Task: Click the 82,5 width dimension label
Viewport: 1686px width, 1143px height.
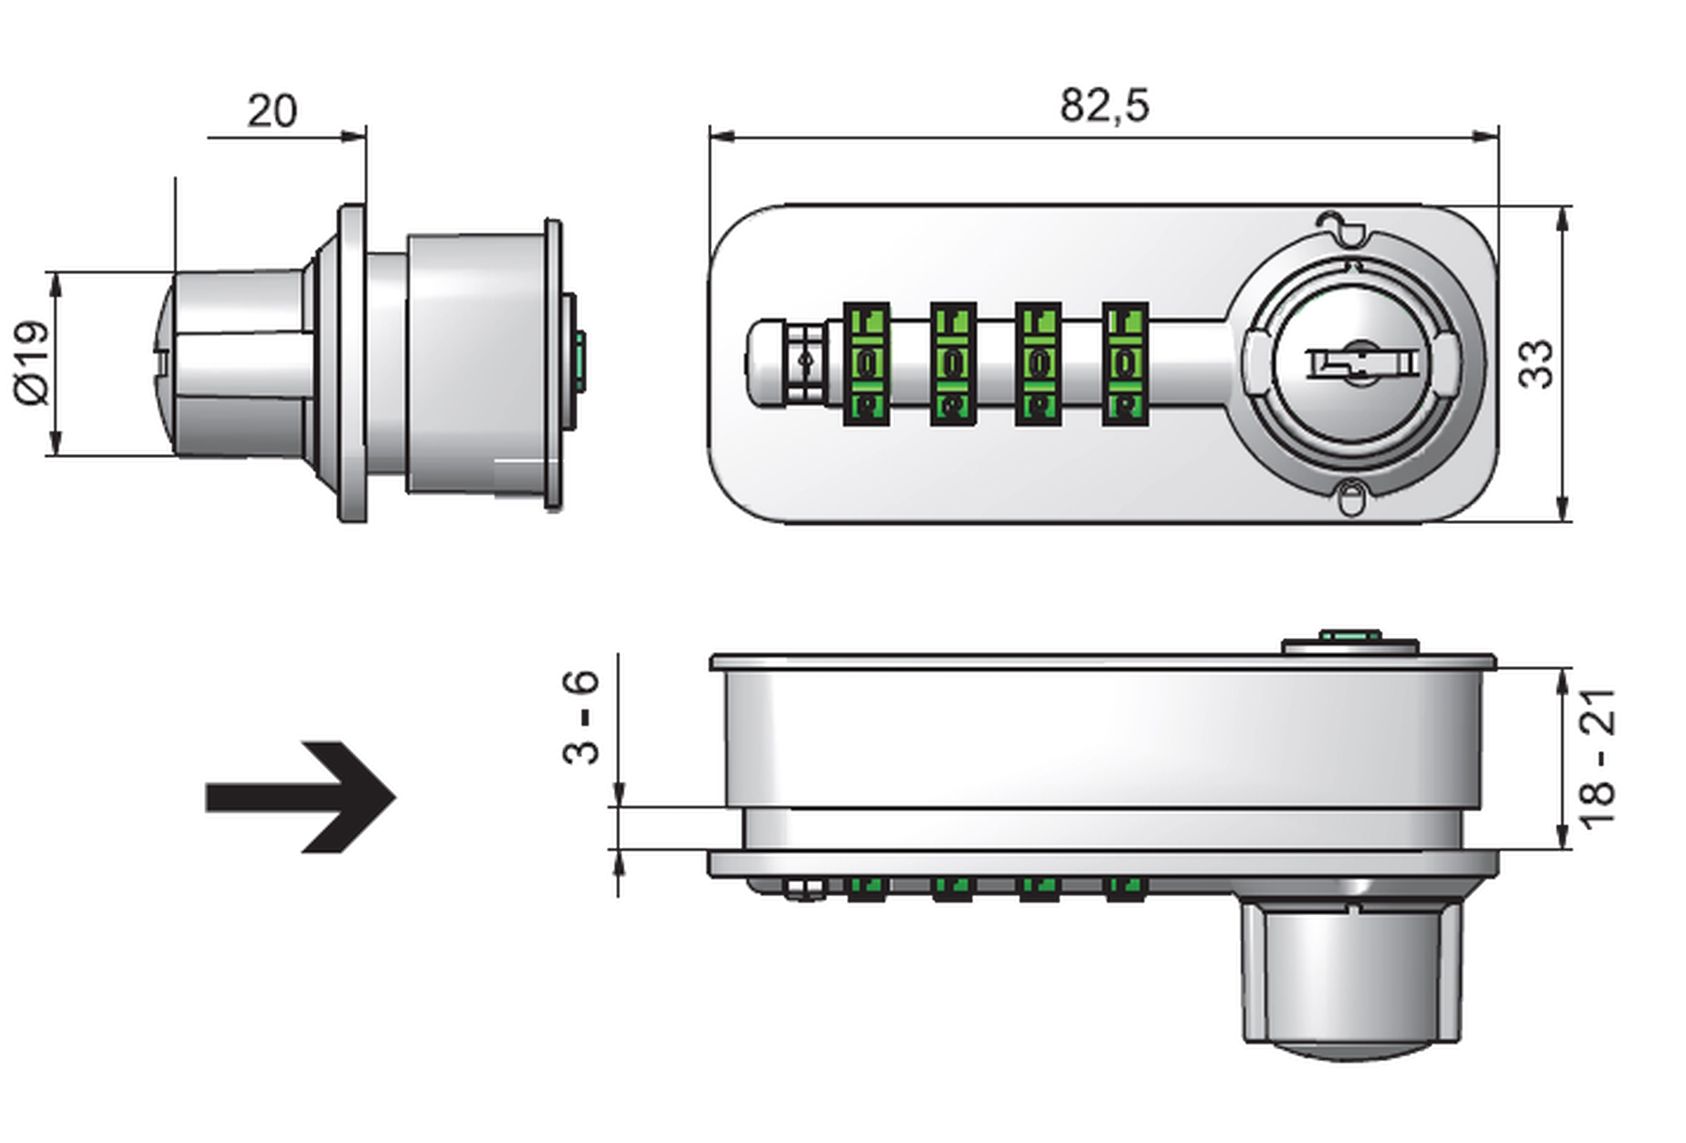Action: (x=1104, y=105)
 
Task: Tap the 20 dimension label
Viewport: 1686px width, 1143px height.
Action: (x=271, y=111)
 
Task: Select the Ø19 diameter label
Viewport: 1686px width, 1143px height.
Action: (x=32, y=363)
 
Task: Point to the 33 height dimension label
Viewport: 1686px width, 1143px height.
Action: (x=1536, y=363)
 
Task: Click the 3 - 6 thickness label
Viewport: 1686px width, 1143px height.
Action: (x=581, y=717)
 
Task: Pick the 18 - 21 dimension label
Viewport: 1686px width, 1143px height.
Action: (x=1597, y=759)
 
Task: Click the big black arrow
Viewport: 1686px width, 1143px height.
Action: (x=301, y=797)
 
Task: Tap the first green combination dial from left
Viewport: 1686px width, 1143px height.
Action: (x=866, y=363)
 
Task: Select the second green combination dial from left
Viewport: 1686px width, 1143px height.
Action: (x=952, y=363)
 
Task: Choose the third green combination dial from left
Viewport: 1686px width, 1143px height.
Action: (x=1038, y=363)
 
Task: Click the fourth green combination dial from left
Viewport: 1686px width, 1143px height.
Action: (x=1125, y=363)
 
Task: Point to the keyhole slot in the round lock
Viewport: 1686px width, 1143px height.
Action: (x=1359, y=364)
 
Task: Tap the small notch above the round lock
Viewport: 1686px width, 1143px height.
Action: (x=1341, y=226)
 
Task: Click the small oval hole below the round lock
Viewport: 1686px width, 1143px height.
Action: (x=1351, y=497)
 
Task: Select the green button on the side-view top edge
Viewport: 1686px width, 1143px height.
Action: (x=1350, y=638)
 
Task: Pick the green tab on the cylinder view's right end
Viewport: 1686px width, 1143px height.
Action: (x=581, y=363)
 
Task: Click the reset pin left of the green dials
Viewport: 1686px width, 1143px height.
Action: (x=803, y=363)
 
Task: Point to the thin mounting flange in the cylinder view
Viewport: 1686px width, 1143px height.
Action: (x=353, y=363)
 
